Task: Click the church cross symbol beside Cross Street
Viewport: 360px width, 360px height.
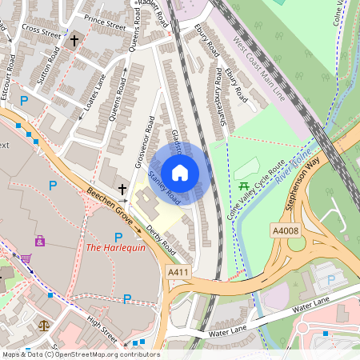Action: click(74, 39)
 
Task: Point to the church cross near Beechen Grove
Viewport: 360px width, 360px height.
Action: click(122, 189)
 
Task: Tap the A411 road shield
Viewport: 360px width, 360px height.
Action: click(178, 274)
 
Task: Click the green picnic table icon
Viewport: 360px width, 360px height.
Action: click(243, 187)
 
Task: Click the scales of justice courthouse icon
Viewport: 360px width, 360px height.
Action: click(43, 326)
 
